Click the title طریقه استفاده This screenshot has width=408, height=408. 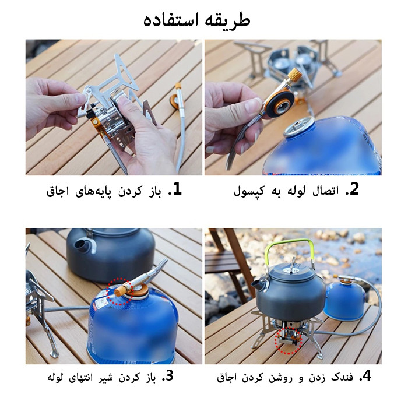pyautogui.click(x=197, y=20)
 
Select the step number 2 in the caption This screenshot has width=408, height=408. pyautogui.click(x=354, y=189)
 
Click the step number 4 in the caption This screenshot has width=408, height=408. pyautogui.click(x=366, y=376)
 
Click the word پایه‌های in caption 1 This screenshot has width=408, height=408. pyautogui.click(x=93, y=192)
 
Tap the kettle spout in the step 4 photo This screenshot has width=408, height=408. pyautogui.click(x=259, y=286)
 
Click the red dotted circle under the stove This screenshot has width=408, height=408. pyautogui.click(x=289, y=340)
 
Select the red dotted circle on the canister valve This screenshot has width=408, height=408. pyautogui.click(x=120, y=291)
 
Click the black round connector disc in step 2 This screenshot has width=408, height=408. pyautogui.click(x=280, y=103)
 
